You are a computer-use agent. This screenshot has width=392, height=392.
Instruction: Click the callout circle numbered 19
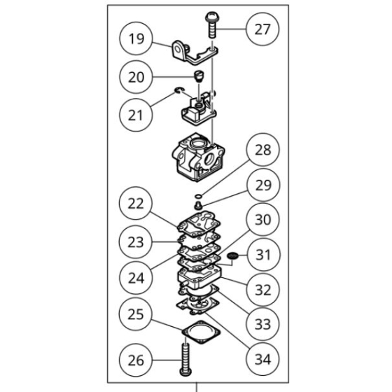point(136,40)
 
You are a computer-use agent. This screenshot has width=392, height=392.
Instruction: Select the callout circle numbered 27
point(262,29)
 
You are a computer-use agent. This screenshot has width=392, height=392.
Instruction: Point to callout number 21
point(136,115)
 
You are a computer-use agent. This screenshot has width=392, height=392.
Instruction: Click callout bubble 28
point(262,151)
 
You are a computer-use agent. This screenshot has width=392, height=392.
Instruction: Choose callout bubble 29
point(262,185)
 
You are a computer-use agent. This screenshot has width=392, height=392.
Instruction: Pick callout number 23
point(136,241)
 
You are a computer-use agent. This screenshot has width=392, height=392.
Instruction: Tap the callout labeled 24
point(136,277)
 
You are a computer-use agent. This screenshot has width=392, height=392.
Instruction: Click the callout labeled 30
point(262,220)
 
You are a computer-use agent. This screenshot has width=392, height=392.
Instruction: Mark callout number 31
point(262,255)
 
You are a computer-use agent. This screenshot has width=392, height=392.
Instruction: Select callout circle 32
point(262,289)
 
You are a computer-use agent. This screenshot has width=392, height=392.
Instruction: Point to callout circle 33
point(262,325)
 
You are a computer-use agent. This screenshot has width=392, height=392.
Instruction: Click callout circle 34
point(262,360)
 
